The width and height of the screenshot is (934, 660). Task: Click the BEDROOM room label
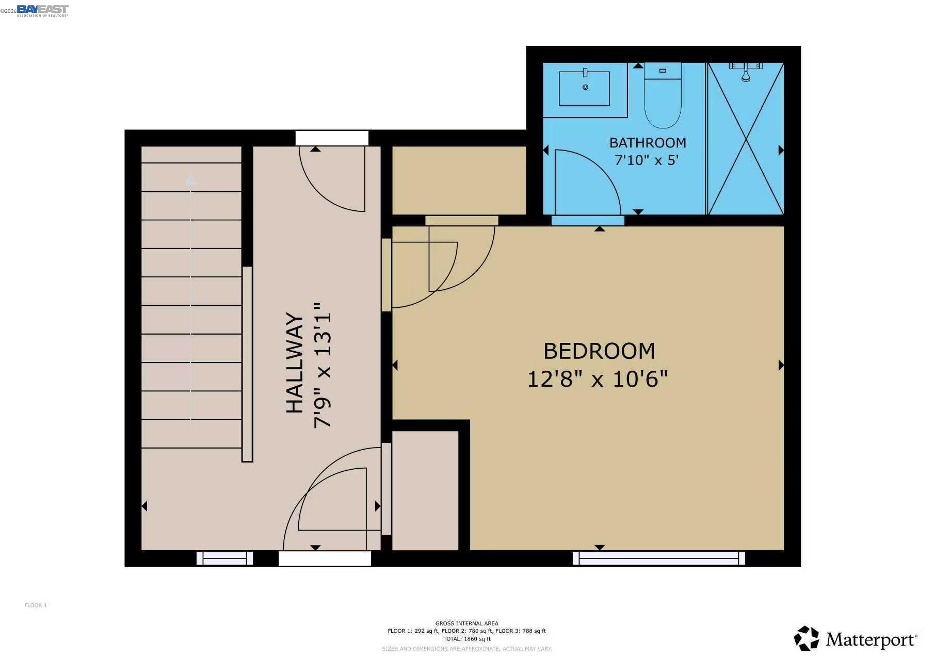click(x=599, y=351)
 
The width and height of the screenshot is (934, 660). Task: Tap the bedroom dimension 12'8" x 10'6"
click(x=597, y=379)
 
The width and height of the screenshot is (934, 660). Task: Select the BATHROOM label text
click(x=647, y=143)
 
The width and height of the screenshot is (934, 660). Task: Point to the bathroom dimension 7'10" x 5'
click(x=646, y=160)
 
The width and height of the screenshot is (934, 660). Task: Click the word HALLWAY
click(x=295, y=362)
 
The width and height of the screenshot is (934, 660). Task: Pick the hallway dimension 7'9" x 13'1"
click(x=323, y=365)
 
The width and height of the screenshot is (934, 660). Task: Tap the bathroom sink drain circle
click(x=585, y=87)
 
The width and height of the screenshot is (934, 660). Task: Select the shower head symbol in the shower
click(x=746, y=77)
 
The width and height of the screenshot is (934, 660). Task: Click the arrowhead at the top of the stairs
click(x=191, y=180)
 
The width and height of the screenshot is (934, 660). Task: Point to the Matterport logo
click(x=855, y=639)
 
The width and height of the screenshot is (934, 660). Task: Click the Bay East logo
click(x=42, y=10)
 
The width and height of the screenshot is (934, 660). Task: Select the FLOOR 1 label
click(x=36, y=605)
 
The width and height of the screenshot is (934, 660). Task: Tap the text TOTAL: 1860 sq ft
click(x=466, y=639)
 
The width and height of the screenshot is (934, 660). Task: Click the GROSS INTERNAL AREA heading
click(x=466, y=623)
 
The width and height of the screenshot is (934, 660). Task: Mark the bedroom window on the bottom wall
click(x=658, y=558)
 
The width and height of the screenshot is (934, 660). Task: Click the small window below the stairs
click(x=224, y=558)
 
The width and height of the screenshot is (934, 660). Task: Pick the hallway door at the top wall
click(x=331, y=138)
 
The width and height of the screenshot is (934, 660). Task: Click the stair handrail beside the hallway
click(x=247, y=364)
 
